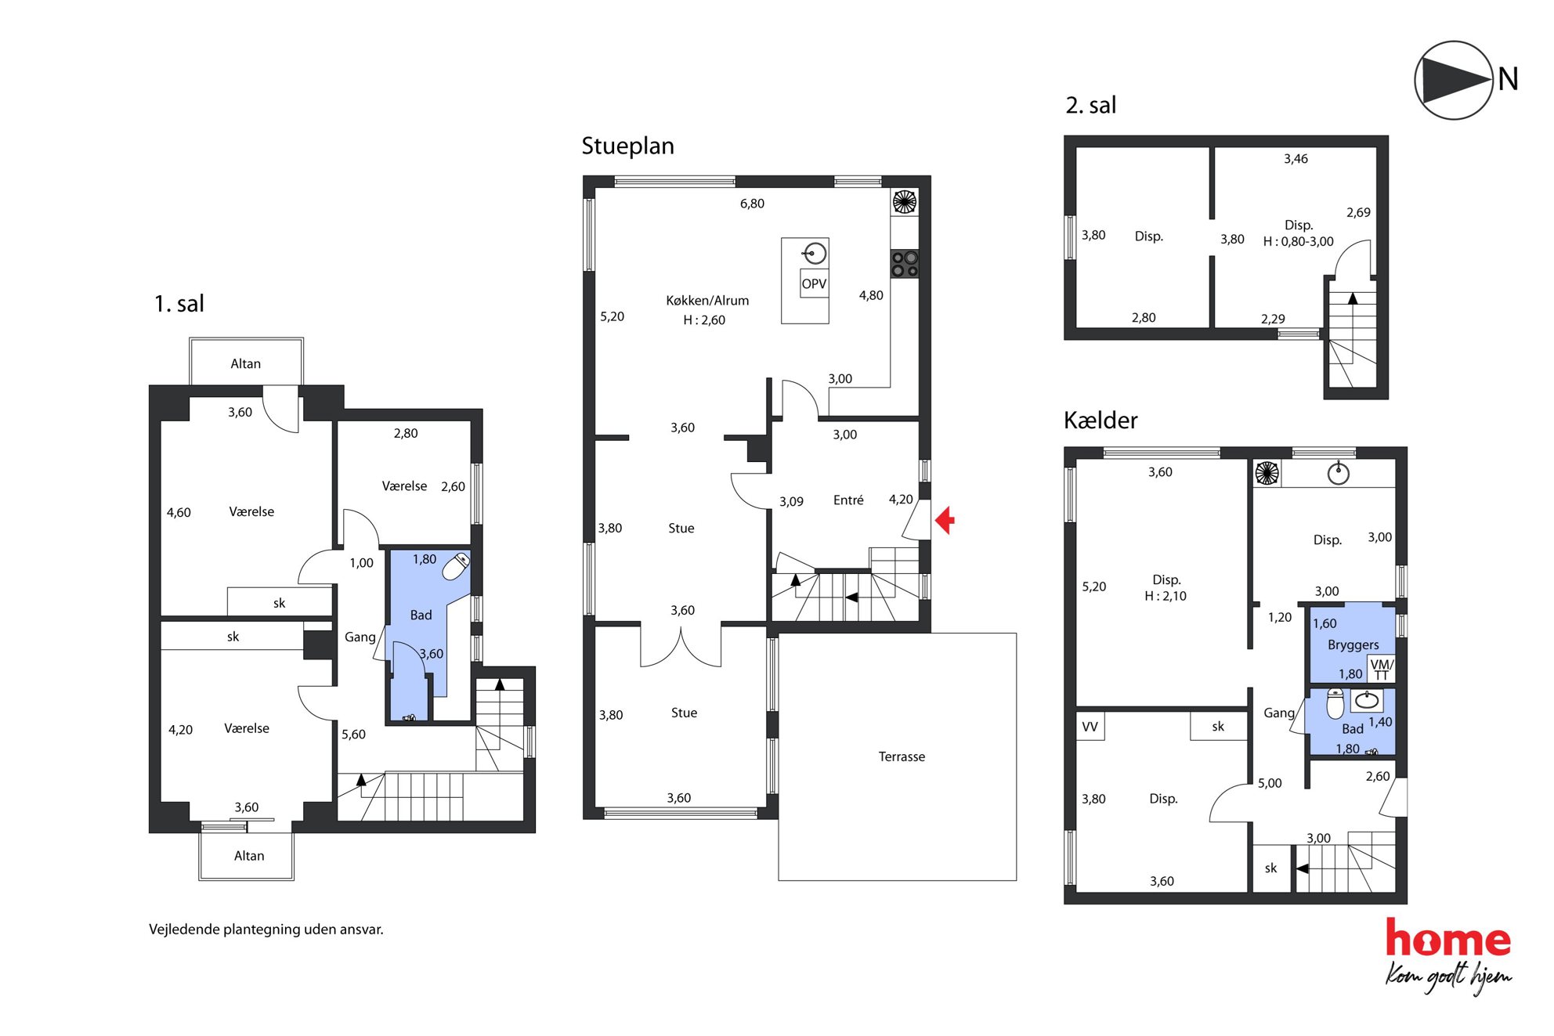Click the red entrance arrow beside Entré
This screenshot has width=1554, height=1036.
(x=945, y=520)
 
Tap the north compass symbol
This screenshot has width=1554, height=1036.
(x=1454, y=80)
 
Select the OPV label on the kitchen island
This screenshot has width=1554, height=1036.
(x=814, y=283)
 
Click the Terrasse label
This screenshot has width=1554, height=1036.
(x=902, y=756)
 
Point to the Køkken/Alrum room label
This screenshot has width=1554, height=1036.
(x=707, y=301)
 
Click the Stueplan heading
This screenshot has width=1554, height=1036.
(x=627, y=146)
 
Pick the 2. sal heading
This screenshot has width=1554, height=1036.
(x=1090, y=105)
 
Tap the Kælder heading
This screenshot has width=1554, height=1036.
(x=1100, y=421)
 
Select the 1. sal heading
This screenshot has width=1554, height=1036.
(x=179, y=304)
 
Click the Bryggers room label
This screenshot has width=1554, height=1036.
(x=1353, y=645)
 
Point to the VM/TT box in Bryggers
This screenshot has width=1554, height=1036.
(x=1381, y=669)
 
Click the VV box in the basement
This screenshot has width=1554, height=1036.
(x=1090, y=727)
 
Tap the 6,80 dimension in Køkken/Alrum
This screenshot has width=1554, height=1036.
(x=752, y=204)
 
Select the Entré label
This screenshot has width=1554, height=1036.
(x=848, y=500)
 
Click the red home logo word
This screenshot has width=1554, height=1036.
(x=1448, y=938)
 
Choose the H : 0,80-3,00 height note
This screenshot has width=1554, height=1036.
(x=1298, y=242)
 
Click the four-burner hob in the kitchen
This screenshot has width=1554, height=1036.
(x=905, y=264)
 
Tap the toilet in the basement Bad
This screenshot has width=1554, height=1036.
(x=1335, y=703)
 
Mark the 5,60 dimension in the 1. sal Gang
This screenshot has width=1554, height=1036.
(x=353, y=735)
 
